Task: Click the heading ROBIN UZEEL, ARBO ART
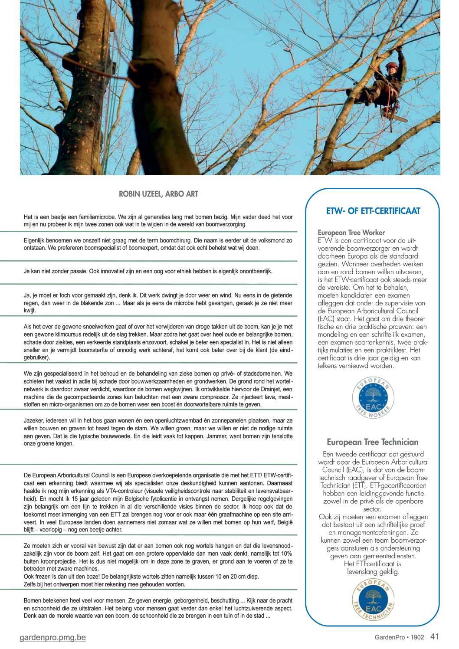coord(158,194)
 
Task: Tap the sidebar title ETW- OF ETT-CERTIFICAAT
coord(373,211)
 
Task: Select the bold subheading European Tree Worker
coord(351,233)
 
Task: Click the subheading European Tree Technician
coord(373,442)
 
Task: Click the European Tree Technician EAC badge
coord(373,600)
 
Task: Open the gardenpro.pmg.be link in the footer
coord(52,637)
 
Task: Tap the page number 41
coord(435,636)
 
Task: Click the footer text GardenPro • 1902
coord(399,637)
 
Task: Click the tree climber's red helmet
coord(391,66)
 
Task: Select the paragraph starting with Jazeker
coord(158,432)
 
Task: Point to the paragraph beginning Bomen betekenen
coord(158,608)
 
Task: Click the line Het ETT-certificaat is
coord(372,564)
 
